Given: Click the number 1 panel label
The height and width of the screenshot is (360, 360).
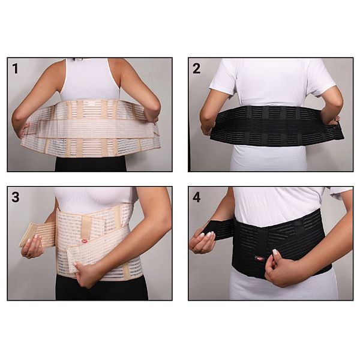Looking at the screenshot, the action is pyautogui.click(x=15, y=68).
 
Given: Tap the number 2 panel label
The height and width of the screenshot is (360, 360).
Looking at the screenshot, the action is pyautogui.click(x=197, y=68).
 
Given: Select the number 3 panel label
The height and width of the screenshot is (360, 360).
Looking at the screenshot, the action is pyautogui.click(x=16, y=197).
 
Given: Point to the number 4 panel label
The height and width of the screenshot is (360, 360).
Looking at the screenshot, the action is pyautogui.click(x=197, y=197).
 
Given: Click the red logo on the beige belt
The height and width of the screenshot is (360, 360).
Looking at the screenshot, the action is pyautogui.click(x=85, y=241).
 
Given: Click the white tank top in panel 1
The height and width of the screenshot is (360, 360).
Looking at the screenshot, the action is pyautogui.click(x=90, y=79).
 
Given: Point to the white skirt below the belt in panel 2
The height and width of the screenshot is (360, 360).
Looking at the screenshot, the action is pyautogui.click(x=269, y=158).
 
